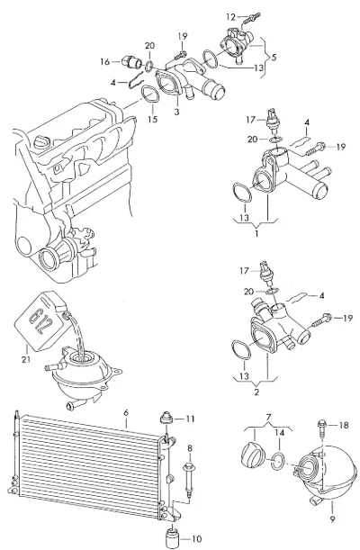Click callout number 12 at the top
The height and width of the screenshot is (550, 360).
click(231, 16)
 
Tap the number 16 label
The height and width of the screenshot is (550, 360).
click(104, 62)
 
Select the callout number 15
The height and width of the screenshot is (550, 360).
click(152, 119)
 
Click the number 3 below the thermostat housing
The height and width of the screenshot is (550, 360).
click(176, 112)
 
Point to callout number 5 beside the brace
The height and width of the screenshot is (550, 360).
click(274, 57)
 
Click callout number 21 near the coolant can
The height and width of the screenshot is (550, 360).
click(26, 359)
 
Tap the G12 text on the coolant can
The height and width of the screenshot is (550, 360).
click(37, 321)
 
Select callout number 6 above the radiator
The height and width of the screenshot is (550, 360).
click(126, 413)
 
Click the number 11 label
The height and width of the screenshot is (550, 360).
click(190, 419)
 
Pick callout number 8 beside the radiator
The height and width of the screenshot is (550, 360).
click(190, 448)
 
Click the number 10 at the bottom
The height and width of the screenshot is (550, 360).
click(197, 539)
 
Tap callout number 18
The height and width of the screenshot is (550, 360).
click(344, 425)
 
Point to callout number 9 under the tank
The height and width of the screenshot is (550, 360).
click(332, 518)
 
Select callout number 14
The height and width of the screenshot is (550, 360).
click(279, 432)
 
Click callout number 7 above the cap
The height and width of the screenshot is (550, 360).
click(268, 418)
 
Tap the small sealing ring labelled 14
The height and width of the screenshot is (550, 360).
click(278, 462)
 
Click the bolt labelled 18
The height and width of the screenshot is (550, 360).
click(322, 428)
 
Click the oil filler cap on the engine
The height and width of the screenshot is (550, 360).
click(42, 142)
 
